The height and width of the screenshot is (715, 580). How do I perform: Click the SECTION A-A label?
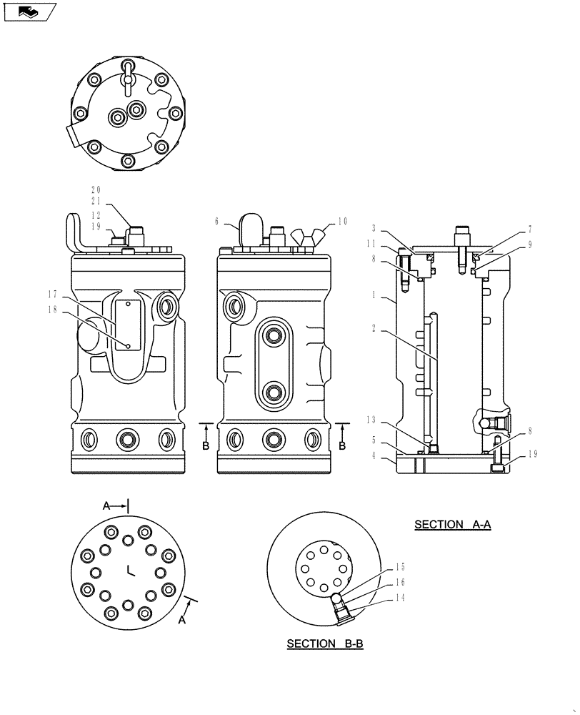453,524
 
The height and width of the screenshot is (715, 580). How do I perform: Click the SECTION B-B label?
325,643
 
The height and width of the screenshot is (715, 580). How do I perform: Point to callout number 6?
216,222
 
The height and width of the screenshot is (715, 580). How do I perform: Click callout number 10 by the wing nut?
343,222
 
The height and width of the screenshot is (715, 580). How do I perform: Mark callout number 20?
96,189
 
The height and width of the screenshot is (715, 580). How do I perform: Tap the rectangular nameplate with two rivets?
127,325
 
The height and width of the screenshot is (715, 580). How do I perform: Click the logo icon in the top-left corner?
29,11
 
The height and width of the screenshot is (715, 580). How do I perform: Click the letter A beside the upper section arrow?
106,506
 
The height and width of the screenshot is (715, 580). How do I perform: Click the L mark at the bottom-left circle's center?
129,570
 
